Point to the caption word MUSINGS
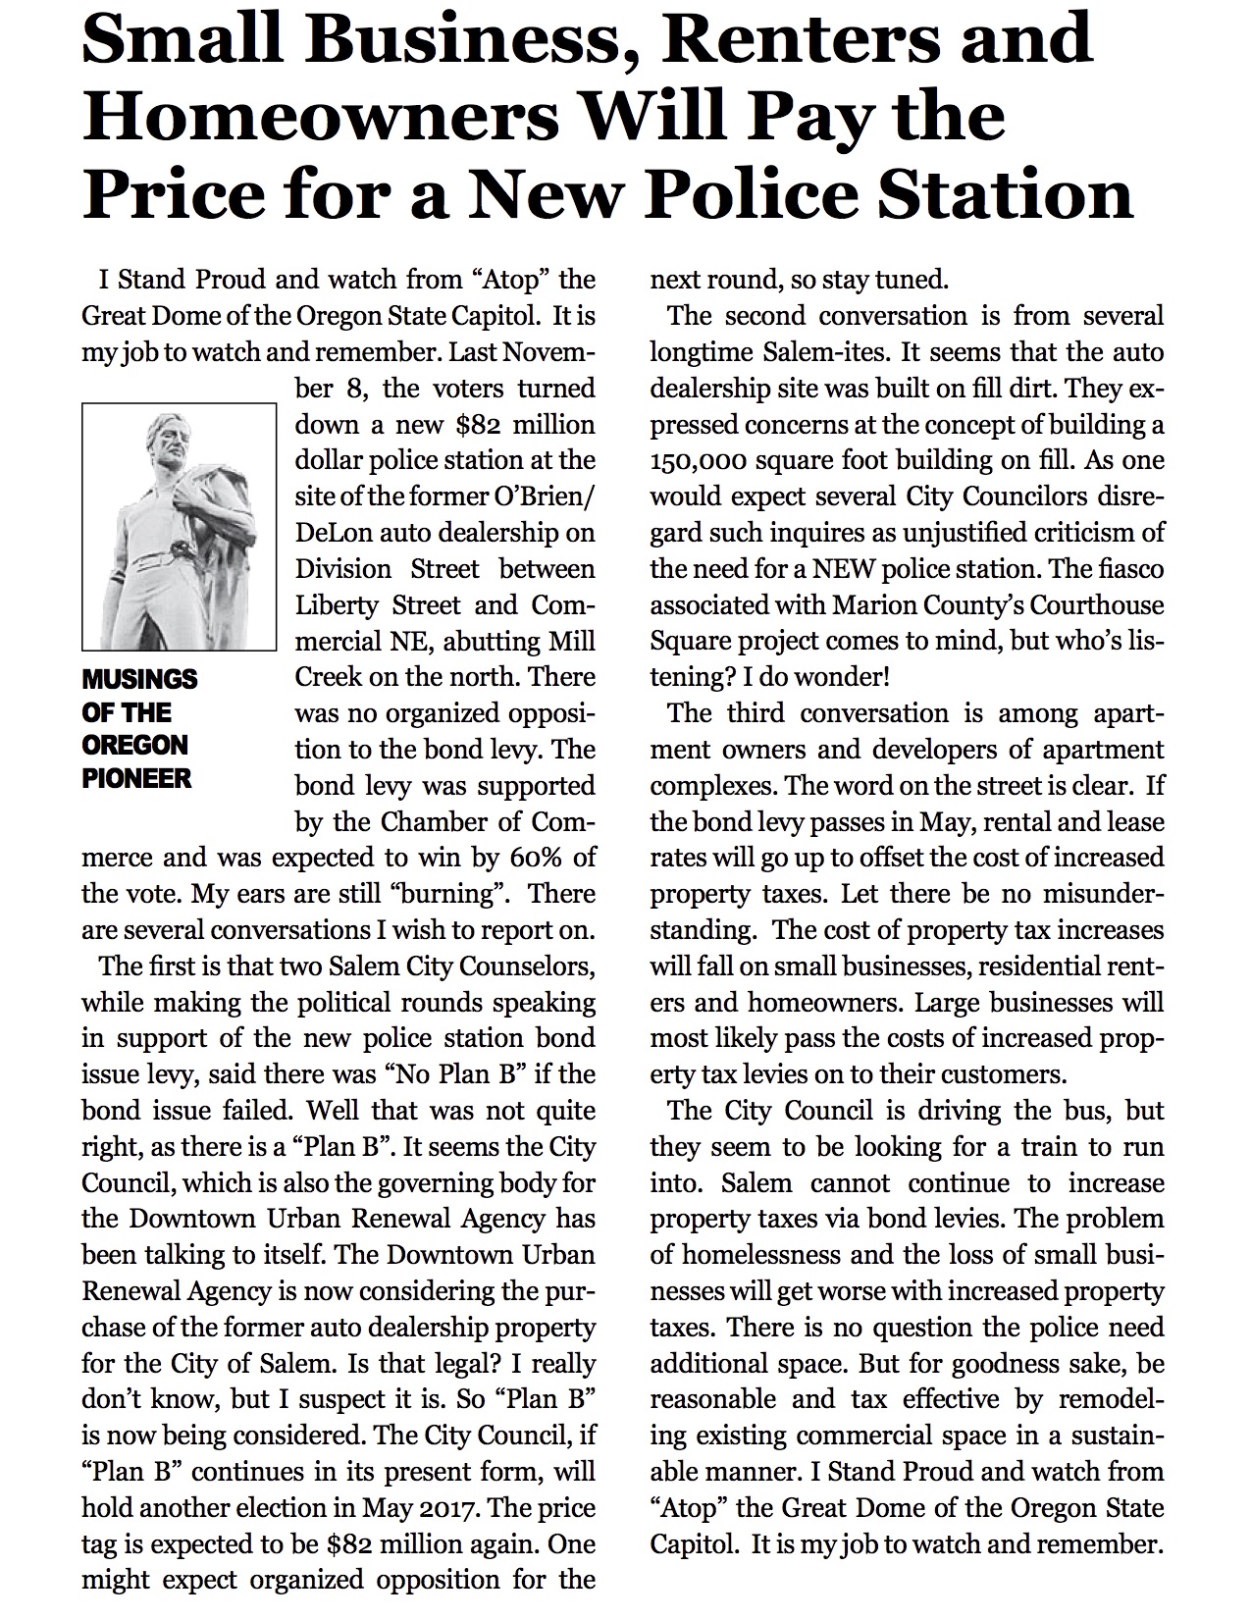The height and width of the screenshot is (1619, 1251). [139, 679]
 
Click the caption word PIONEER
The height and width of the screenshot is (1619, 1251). [136, 779]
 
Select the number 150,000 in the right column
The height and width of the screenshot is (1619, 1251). [692, 461]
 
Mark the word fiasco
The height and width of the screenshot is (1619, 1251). [1129, 569]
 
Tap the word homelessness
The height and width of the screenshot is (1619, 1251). [752, 1255]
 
